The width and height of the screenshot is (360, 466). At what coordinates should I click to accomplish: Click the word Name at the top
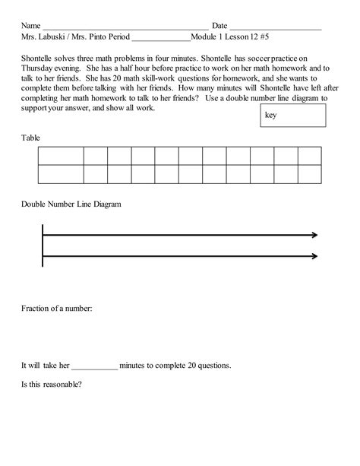pyautogui.click(x=31, y=25)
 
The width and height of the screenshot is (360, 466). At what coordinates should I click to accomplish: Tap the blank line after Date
pyautogui.click(x=275, y=27)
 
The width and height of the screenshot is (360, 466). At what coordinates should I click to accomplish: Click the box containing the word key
pyautogui.click(x=292, y=116)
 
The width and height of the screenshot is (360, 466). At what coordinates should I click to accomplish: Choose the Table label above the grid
pyautogui.click(x=30, y=138)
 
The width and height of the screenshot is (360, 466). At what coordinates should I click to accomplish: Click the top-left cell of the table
pyautogui.click(x=60, y=156)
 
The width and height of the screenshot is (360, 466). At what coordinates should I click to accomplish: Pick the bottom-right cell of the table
pyautogui.click(x=309, y=174)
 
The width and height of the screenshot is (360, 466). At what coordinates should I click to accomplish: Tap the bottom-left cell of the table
pyautogui.click(x=60, y=174)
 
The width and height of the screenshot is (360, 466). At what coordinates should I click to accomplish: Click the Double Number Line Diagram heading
pyautogui.click(x=71, y=204)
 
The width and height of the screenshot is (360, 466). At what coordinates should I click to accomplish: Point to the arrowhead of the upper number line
pyautogui.click(x=313, y=236)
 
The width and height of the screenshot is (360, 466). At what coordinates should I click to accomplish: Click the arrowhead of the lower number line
pyautogui.click(x=313, y=256)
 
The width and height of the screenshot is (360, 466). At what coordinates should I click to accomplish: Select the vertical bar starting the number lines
pyautogui.click(x=43, y=246)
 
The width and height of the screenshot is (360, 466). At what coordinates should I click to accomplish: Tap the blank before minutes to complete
pyautogui.click(x=95, y=366)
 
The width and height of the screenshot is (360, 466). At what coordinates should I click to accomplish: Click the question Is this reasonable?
pyautogui.click(x=52, y=384)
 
